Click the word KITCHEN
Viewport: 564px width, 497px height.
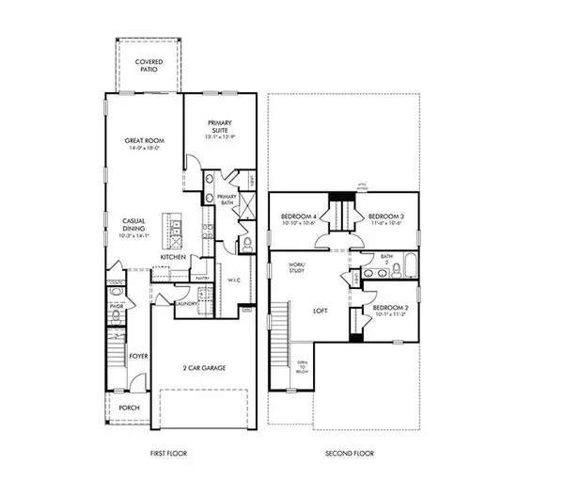pyautogui.click(x=172, y=256)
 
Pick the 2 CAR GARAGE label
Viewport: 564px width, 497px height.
pyautogui.click(x=204, y=368)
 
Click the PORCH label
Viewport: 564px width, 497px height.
pyautogui.click(x=129, y=408)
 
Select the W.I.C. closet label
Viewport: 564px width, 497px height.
pyautogui.click(x=236, y=280)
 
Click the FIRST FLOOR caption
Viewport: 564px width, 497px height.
pyautogui.click(x=169, y=453)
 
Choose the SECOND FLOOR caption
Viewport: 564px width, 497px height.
pyautogui.click(x=350, y=453)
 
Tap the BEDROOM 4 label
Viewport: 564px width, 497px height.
pyautogui.click(x=299, y=216)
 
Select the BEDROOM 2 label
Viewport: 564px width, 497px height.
pyautogui.click(x=388, y=309)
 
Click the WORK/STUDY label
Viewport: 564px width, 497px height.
pyautogui.click(x=298, y=269)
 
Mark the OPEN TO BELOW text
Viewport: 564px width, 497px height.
pyautogui.click(x=303, y=366)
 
